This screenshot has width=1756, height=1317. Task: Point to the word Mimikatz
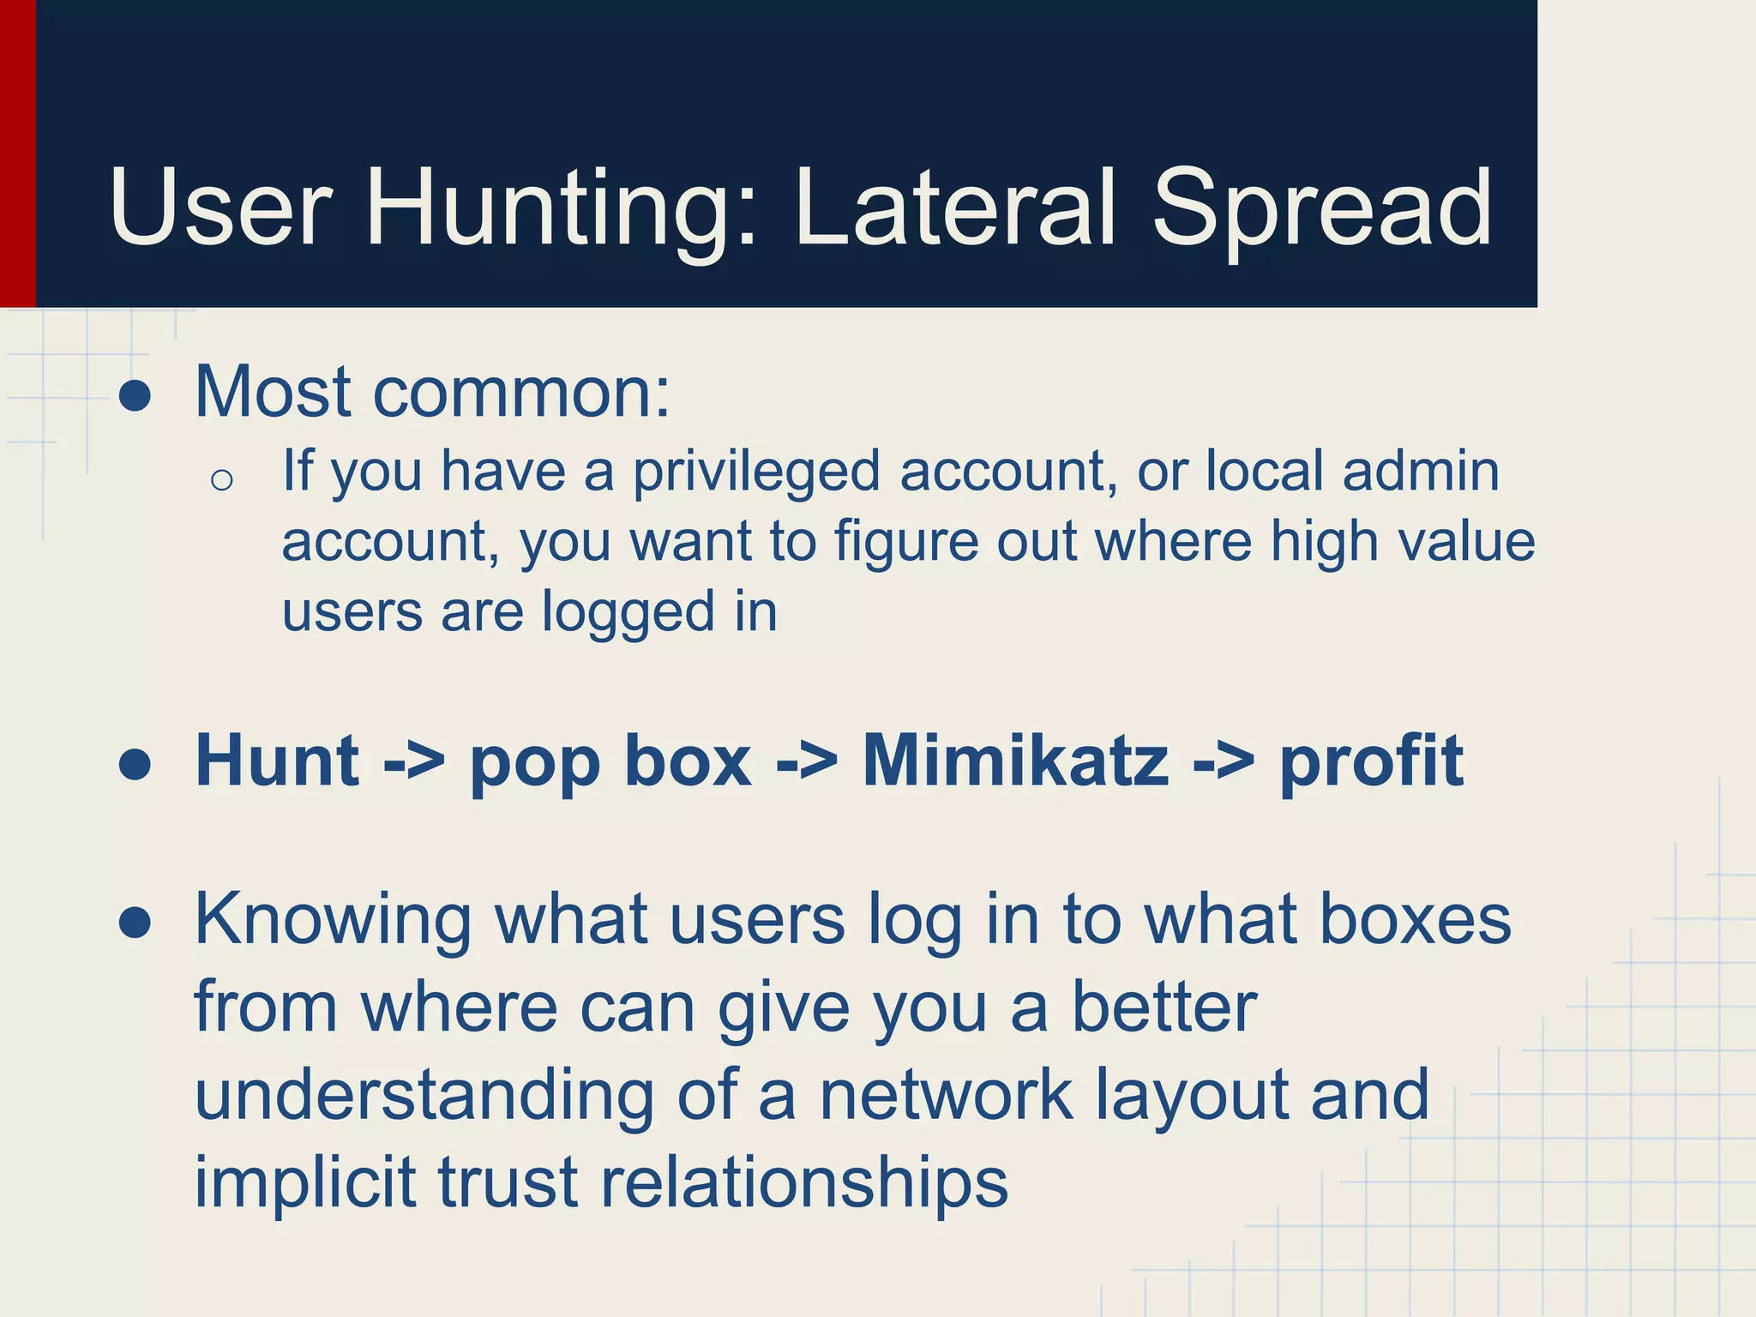pyautogui.click(x=1015, y=761)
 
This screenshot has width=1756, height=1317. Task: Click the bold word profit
pyautogui.click(x=1371, y=761)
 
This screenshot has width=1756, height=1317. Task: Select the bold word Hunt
pyautogui.click(x=277, y=761)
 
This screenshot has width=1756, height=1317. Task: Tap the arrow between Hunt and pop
pyautogui.click(x=414, y=761)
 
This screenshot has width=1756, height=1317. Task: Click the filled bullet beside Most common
pyautogui.click(x=135, y=396)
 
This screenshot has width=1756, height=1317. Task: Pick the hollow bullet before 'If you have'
pyautogui.click(x=221, y=480)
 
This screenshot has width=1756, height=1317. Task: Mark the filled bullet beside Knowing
pyautogui.click(x=135, y=923)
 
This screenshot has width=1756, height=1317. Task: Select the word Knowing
pyautogui.click(x=333, y=920)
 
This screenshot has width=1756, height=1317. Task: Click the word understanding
pyautogui.click(x=424, y=1095)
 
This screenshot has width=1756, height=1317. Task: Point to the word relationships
pyautogui.click(x=803, y=1182)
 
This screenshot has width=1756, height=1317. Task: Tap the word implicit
pyautogui.click(x=304, y=1182)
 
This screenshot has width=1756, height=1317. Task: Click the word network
pyautogui.click(x=946, y=1095)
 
